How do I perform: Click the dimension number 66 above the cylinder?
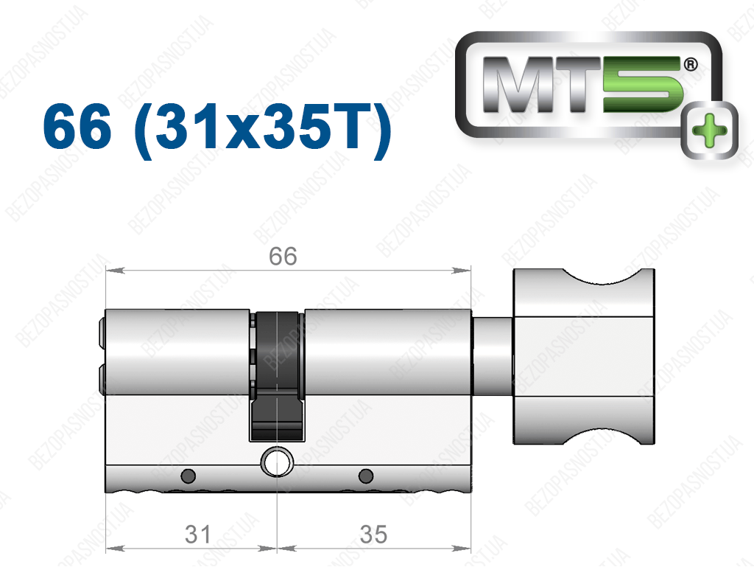point(283,256)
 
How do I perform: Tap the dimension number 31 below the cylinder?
point(197,535)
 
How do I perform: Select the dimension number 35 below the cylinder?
point(373,535)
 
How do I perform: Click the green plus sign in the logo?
point(709,130)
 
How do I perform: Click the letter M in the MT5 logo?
point(521,85)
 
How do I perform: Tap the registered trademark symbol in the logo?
point(691,64)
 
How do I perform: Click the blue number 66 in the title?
point(77,127)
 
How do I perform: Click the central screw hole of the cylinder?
point(278,462)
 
